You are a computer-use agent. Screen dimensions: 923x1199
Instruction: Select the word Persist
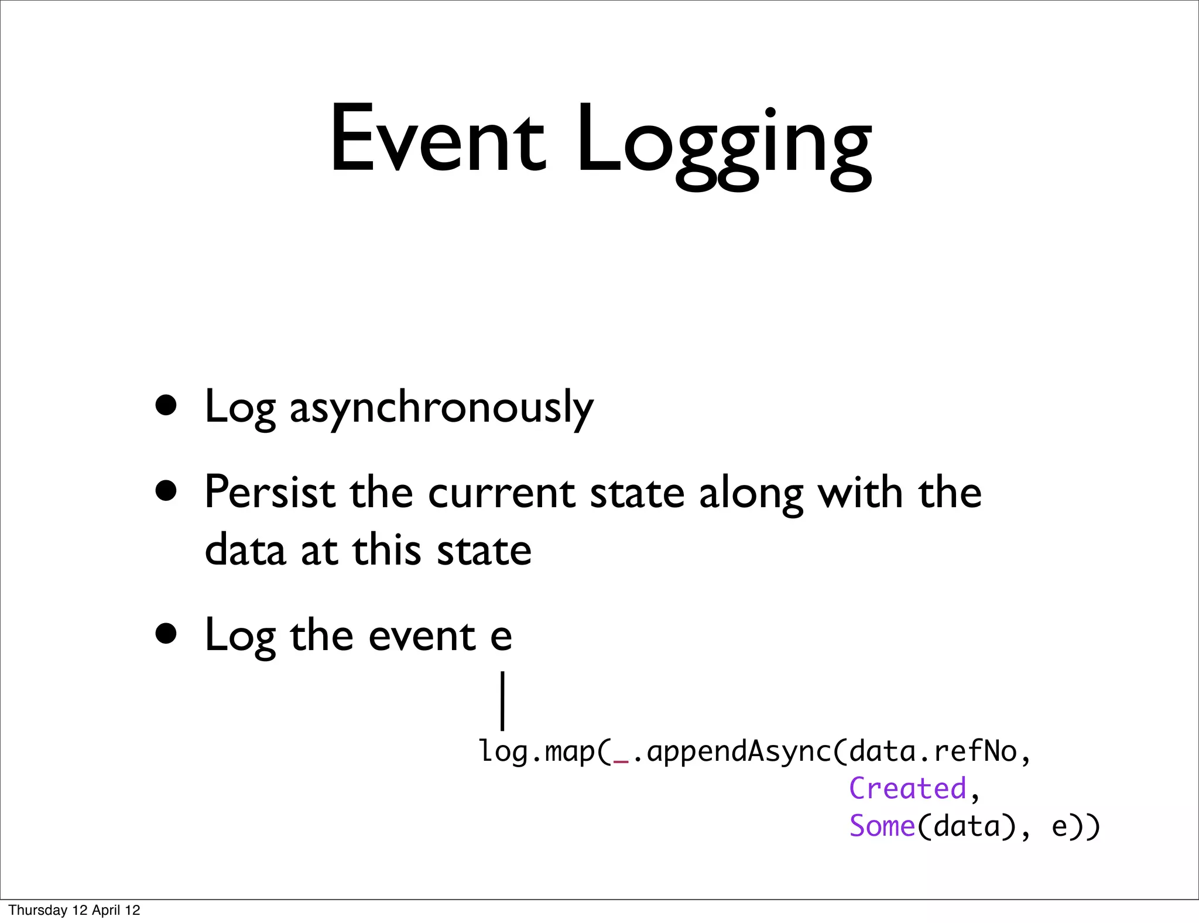(270, 492)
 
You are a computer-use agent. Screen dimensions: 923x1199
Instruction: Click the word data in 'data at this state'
(245, 551)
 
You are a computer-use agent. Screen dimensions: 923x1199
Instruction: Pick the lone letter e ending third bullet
(501, 637)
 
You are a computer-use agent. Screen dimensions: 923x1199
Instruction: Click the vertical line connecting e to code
(502, 700)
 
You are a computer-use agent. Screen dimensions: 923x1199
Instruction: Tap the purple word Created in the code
(907, 788)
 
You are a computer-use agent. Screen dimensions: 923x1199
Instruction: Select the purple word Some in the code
(882, 826)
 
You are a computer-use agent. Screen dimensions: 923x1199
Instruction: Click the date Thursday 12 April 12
(74, 910)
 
